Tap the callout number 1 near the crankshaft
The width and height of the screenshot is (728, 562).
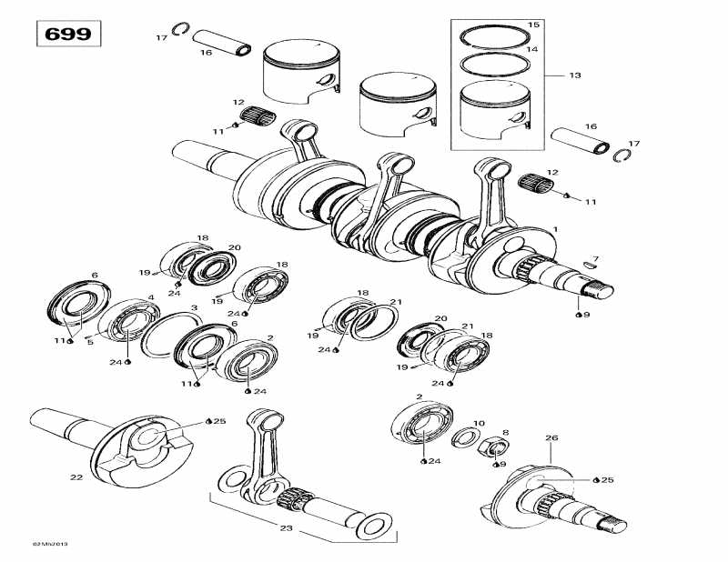click(555, 229)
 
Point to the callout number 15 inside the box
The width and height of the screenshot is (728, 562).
click(533, 25)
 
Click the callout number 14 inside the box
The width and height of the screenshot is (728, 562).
click(533, 49)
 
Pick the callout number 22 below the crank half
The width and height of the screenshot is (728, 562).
click(76, 477)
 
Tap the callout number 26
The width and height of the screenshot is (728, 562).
click(551, 438)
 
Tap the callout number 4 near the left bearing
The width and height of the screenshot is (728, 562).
click(150, 297)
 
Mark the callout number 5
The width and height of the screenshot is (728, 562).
click(89, 343)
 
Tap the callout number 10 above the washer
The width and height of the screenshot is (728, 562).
click(480, 423)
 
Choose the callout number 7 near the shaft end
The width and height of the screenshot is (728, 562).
click(595, 258)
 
